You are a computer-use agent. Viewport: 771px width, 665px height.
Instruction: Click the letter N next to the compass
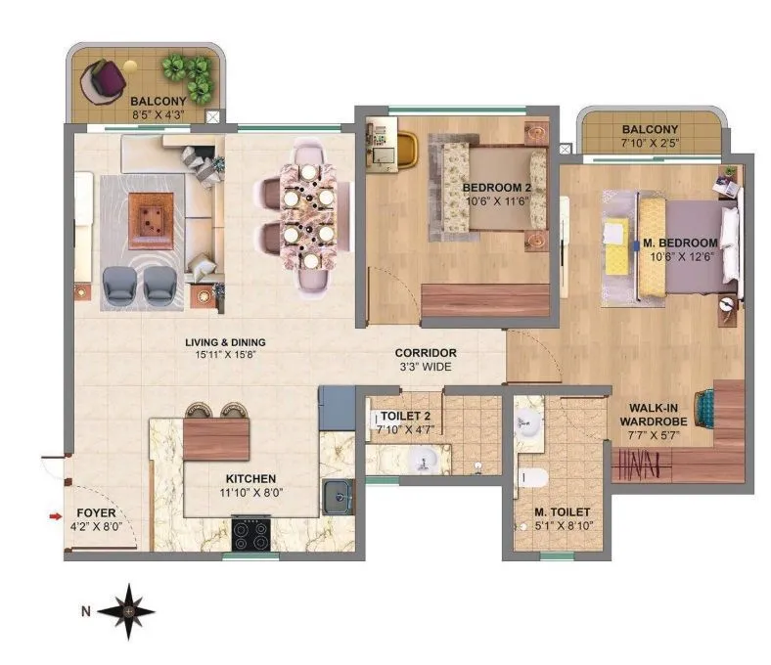86,612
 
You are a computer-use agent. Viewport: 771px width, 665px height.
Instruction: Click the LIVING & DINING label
227,342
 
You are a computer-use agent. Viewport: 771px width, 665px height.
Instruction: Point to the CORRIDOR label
425,353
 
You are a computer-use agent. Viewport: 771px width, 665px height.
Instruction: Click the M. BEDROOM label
680,243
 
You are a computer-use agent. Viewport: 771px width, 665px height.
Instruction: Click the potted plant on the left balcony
188,74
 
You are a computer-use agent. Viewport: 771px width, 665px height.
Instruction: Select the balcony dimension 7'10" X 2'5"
650,144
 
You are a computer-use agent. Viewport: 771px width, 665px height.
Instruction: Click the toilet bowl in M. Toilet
533,478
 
